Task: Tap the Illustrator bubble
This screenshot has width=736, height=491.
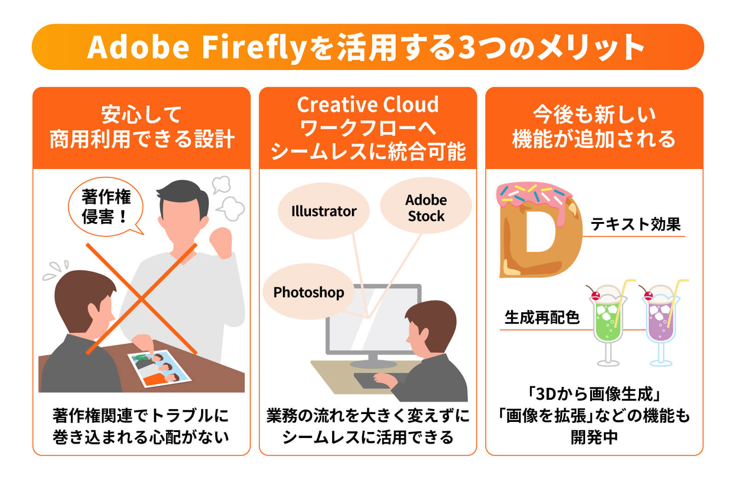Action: pyautogui.click(x=323, y=211)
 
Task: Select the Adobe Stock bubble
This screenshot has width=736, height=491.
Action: pyautogui.click(x=426, y=208)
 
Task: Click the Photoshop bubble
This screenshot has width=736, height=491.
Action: pyautogui.click(x=309, y=292)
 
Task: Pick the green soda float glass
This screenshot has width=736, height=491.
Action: pyautogui.click(x=607, y=318)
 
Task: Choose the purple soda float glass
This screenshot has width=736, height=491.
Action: pyautogui.click(x=661, y=318)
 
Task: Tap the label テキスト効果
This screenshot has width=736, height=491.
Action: pyautogui.click(x=635, y=224)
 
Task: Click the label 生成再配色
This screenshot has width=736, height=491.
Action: pyautogui.click(x=541, y=317)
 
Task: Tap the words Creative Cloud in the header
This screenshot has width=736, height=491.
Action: pyautogui.click(x=368, y=105)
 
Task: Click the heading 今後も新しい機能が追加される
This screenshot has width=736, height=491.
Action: pyautogui.click(x=594, y=127)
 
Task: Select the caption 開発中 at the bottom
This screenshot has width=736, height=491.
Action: pyautogui.click(x=594, y=437)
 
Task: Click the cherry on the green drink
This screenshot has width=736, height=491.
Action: pyautogui.click(x=595, y=295)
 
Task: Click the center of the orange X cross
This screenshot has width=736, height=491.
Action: pyautogui.click(x=142, y=299)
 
